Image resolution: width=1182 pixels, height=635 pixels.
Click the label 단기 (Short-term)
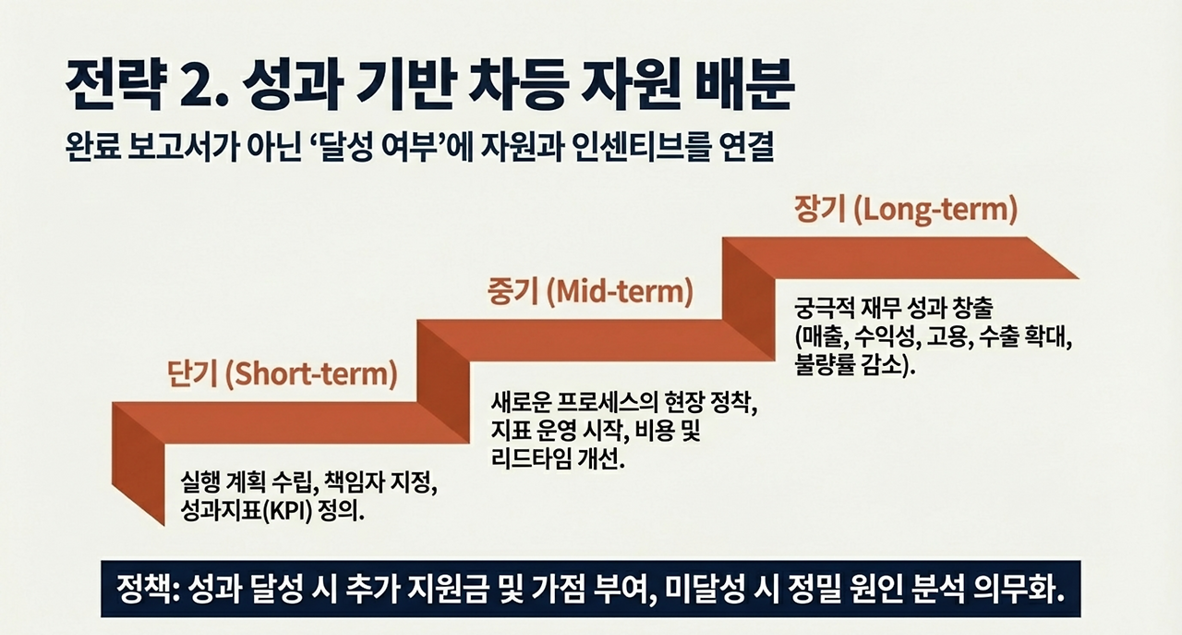point(282,375)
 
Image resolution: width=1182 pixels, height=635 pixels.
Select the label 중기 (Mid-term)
point(589,293)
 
